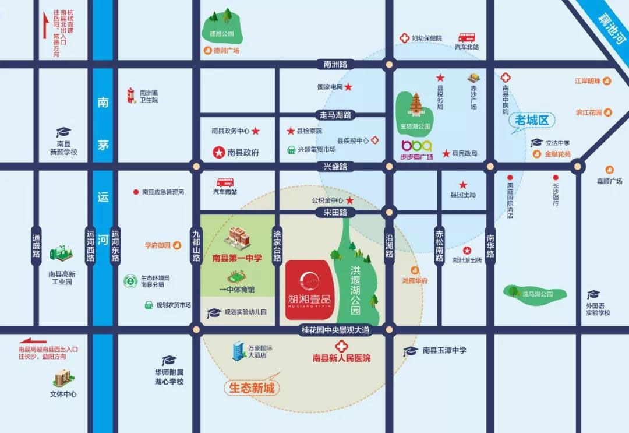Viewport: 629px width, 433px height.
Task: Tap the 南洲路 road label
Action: [x=335, y=64]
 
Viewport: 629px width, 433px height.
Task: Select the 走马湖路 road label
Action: [x=335, y=115]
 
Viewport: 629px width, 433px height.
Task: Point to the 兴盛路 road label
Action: [x=335, y=167]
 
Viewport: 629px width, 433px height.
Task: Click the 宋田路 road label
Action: [x=335, y=213]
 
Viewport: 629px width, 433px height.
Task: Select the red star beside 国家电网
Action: [x=348, y=87]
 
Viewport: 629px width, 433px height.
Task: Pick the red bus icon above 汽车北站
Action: [x=467, y=37]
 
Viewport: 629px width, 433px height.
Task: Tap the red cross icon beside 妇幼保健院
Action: [x=404, y=38]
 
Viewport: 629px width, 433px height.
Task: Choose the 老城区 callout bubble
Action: [x=532, y=121]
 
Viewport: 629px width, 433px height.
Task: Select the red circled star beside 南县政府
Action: [x=218, y=153]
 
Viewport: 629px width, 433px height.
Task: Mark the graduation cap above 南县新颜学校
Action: [x=63, y=133]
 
